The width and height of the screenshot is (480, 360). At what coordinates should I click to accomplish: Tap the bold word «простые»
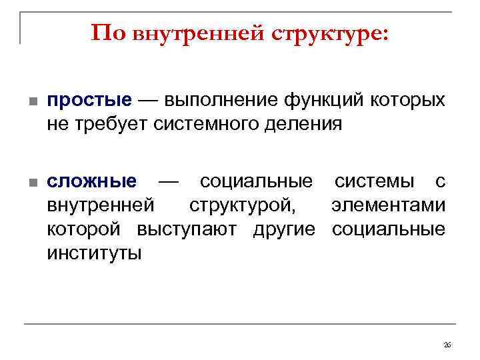(89, 101)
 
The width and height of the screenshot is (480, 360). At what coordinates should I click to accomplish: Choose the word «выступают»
(192, 229)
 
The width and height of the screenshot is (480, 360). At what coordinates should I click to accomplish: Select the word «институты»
(94, 253)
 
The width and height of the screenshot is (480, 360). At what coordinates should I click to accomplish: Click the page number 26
(447, 345)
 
